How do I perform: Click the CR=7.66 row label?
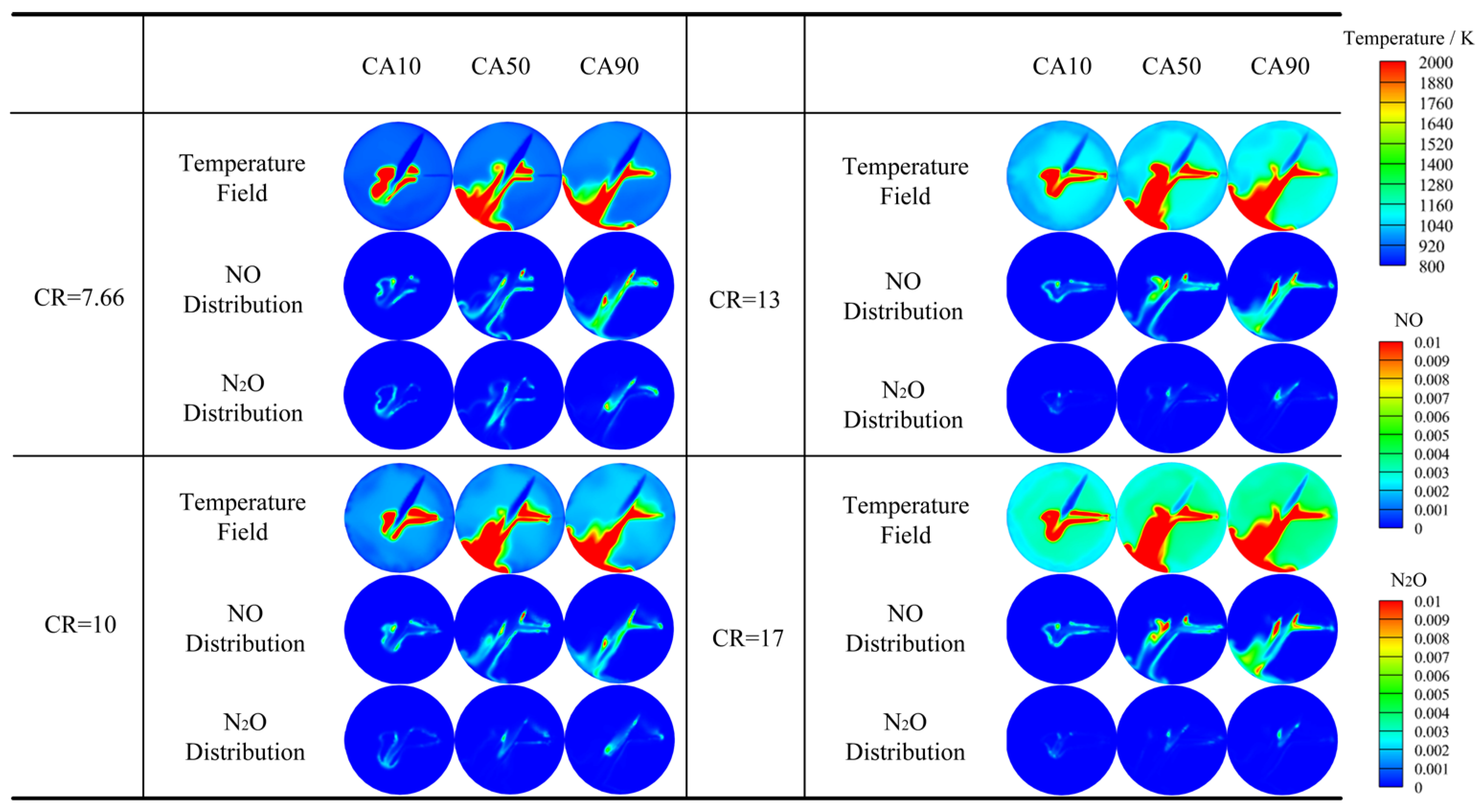(x=79, y=298)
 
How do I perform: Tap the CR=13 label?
(x=744, y=300)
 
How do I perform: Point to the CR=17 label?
(x=748, y=638)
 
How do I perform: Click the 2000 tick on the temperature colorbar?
(x=1435, y=63)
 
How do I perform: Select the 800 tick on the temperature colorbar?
(x=1431, y=266)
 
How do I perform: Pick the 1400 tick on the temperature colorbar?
(x=1435, y=165)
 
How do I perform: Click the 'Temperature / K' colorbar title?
(x=1408, y=39)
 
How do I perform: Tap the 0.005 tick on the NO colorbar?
(x=1431, y=435)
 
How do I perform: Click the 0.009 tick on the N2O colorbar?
(x=1431, y=620)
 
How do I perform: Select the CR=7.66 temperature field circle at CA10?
(x=399, y=176)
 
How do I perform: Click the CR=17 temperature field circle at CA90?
(x=1283, y=517)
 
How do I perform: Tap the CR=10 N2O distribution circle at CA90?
(x=619, y=739)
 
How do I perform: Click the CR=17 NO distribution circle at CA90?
(x=1283, y=628)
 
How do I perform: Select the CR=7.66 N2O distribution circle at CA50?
(x=509, y=395)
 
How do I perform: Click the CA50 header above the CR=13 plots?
(x=1171, y=66)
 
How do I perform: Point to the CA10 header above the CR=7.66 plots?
(x=391, y=66)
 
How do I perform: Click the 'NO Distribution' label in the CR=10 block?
(x=245, y=628)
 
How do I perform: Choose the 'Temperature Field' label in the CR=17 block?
(x=906, y=520)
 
